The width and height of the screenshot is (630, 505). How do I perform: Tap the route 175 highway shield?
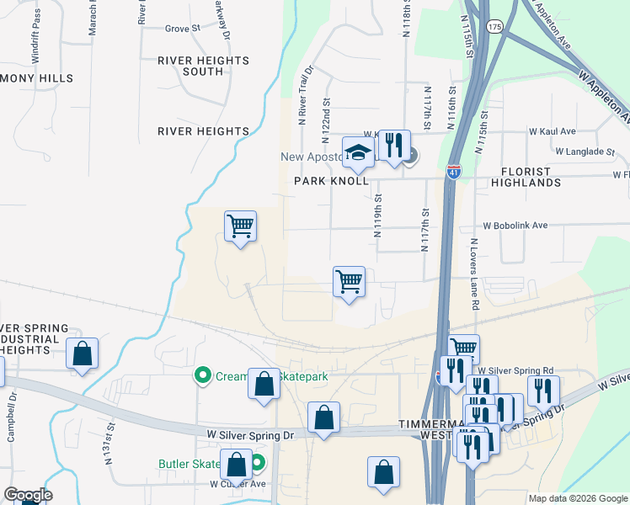coord(494,27)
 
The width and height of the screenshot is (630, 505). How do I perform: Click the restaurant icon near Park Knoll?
coord(394,145)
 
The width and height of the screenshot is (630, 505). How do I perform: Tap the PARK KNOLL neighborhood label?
coord(331,181)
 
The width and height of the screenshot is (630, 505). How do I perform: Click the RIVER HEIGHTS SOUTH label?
coord(203,66)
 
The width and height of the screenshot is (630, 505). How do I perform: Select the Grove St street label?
coord(182,29)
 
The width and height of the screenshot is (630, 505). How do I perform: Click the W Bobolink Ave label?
coord(515,226)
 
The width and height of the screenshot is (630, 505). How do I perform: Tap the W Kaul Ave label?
coord(552,131)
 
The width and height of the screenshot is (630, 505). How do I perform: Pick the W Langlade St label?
coord(585,151)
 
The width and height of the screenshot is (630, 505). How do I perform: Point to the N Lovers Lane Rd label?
coord(474,274)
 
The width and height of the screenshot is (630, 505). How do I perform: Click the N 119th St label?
coord(378,217)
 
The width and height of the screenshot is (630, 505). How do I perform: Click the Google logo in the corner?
coord(27,495)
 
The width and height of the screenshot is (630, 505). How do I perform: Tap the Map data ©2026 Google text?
coord(578,498)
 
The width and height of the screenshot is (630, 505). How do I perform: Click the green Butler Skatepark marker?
coord(259,462)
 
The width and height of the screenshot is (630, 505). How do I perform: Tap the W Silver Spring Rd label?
coord(515,370)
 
